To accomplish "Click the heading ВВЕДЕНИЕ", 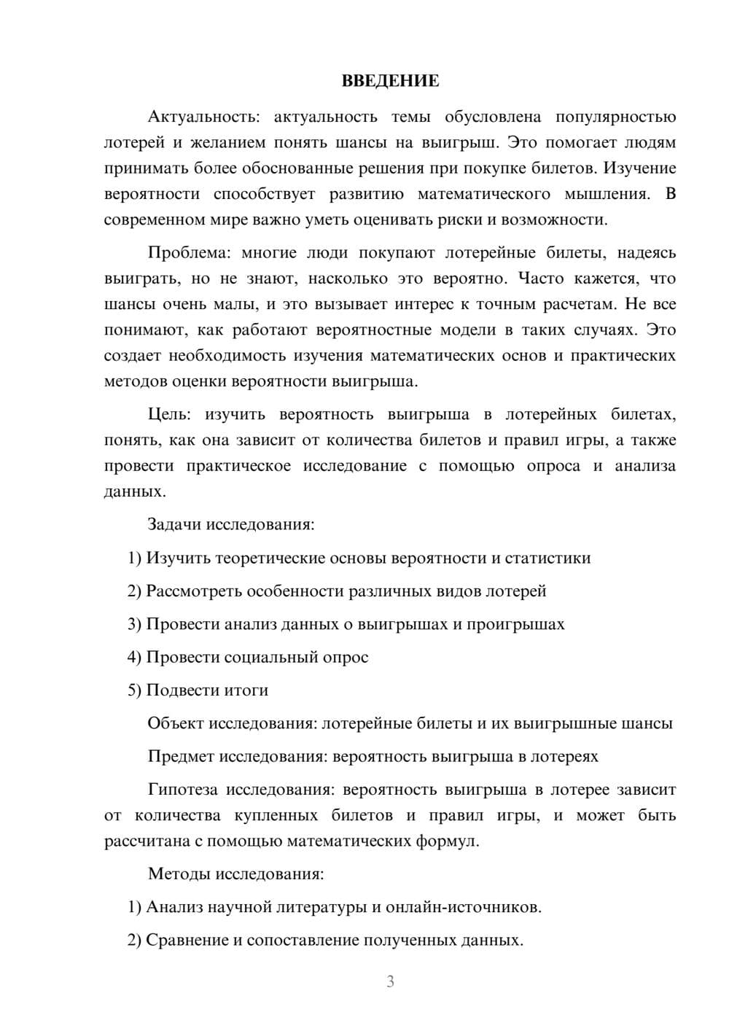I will (x=390, y=81).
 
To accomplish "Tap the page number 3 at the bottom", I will (x=390, y=981).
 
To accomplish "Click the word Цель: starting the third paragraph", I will (x=169, y=415).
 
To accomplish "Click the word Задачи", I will (x=174, y=524).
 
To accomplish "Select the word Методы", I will (x=175, y=874).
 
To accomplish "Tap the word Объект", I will (x=176, y=723).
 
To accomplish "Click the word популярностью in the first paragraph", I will (x=615, y=117).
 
